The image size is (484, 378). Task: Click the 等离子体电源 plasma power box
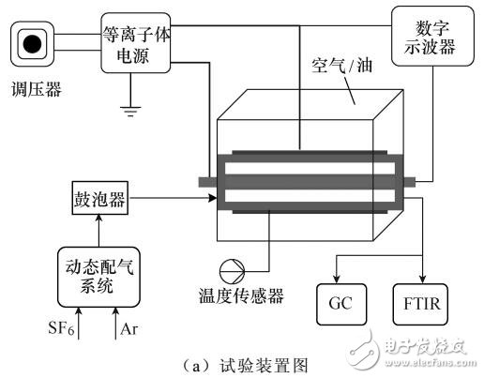coord(137,42)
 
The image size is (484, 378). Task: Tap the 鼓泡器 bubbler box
coord(99,199)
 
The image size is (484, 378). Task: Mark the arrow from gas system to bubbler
coord(99,232)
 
